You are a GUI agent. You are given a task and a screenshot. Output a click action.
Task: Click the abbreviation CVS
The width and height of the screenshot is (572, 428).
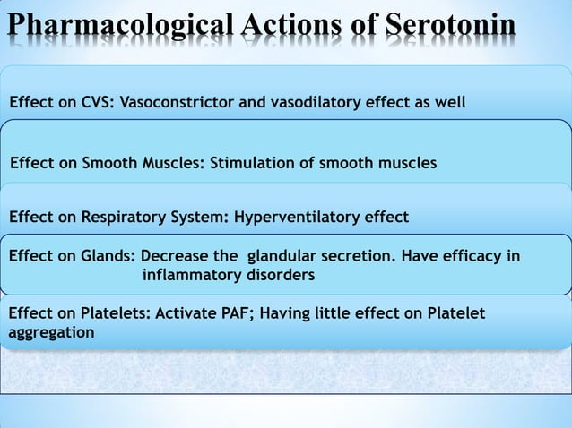point(95,102)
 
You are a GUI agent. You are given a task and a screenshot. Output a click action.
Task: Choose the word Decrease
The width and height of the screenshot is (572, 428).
point(175,257)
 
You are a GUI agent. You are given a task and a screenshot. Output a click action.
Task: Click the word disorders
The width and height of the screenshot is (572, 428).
point(280,275)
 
